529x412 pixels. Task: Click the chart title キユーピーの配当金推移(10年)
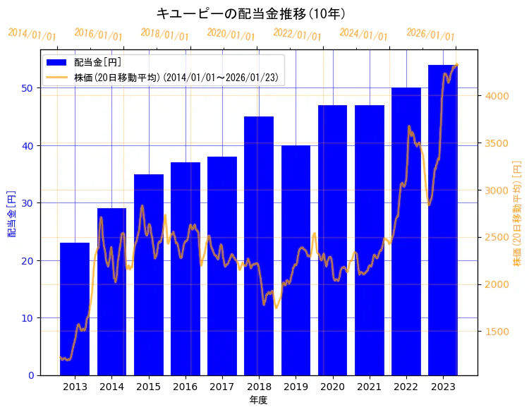(x=250, y=13)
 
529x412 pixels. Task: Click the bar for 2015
(x=149, y=274)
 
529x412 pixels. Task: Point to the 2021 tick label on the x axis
(x=369, y=387)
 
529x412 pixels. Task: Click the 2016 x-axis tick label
(x=185, y=387)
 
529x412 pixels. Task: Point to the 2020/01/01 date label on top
(x=231, y=34)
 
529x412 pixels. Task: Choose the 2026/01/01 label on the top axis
(x=431, y=34)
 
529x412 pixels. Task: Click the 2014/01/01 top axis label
(x=32, y=34)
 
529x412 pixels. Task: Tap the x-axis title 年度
(x=259, y=400)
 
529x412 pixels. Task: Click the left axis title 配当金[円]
(x=11, y=214)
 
